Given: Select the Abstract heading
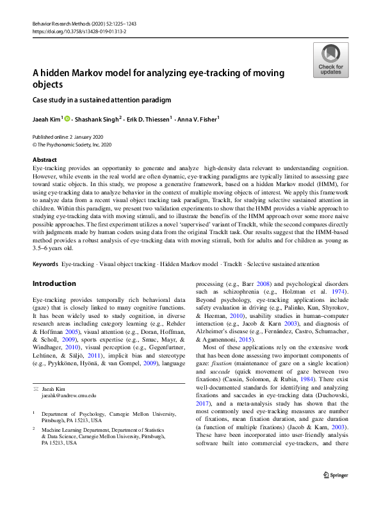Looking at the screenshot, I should pyautogui.click(x=44, y=160).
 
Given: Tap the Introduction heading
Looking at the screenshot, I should pyautogui.click(x=54, y=283).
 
